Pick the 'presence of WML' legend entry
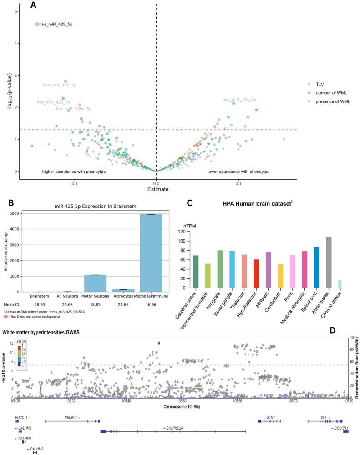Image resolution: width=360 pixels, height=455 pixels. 329,101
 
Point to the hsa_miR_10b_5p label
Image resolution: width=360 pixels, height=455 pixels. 239,100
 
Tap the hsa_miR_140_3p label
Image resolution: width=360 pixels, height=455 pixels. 60,85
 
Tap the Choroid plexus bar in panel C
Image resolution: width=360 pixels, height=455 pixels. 340,284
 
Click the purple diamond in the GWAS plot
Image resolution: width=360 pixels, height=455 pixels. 158,343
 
